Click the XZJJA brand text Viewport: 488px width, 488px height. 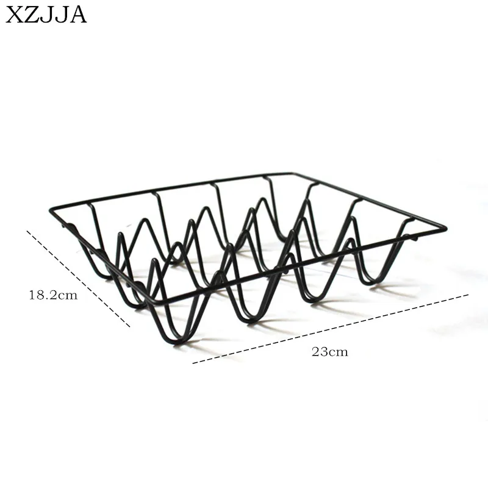tap(46, 15)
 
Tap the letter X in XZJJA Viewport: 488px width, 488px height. tap(14, 15)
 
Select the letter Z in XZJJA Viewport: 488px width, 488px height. tap(32, 15)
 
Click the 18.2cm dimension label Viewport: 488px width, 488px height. tap(53, 295)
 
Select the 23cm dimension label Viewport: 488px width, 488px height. tap(330, 352)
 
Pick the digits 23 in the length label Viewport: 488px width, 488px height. tap(319, 352)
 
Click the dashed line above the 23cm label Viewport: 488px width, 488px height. tap(331, 329)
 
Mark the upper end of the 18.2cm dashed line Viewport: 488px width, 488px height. tap(27, 231)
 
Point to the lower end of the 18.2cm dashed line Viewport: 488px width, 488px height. tap(130, 327)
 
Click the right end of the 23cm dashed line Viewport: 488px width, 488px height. tap(468, 295)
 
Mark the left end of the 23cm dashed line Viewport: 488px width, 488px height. tap(193, 363)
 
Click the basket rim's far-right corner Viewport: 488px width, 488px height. tap(447, 229)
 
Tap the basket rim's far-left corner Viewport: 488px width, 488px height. tap(51, 209)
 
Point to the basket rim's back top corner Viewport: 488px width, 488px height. tap(290, 173)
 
